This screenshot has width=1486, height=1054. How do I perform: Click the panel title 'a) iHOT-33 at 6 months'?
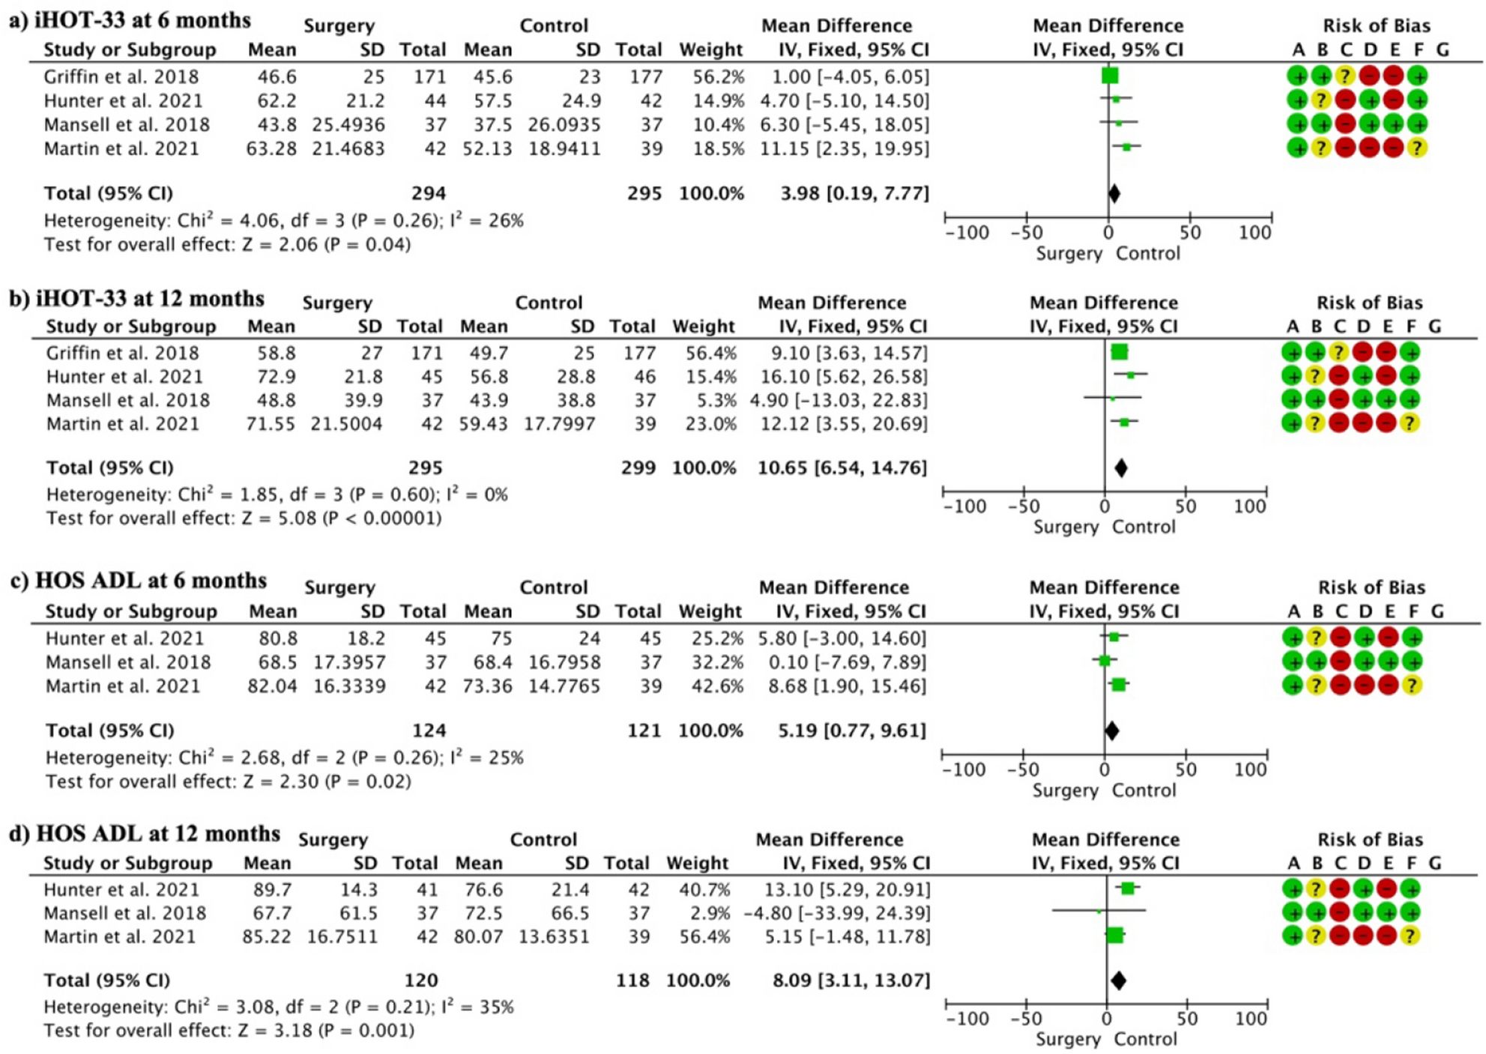coord(130,20)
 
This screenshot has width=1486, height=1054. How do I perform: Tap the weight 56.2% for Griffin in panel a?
coord(711,77)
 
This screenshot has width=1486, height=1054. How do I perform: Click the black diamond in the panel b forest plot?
coord(1120,468)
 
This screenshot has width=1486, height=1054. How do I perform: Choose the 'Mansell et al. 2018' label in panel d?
coord(124,913)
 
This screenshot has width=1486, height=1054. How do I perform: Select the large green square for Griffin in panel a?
coord(1110,76)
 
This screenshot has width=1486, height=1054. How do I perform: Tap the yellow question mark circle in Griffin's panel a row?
coord(1346,76)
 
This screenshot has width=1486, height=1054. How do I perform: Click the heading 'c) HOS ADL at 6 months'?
coord(139,581)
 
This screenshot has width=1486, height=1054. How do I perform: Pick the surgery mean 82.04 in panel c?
coord(273,686)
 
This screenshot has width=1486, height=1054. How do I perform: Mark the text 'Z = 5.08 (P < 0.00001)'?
coord(342,518)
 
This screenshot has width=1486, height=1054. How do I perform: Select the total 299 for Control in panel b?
coord(638,468)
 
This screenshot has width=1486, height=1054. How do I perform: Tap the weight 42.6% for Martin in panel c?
coord(710,686)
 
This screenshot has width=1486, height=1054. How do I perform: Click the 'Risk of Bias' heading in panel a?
coord(1376,26)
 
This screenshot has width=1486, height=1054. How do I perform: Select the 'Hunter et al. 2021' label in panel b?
coord(124,377)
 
